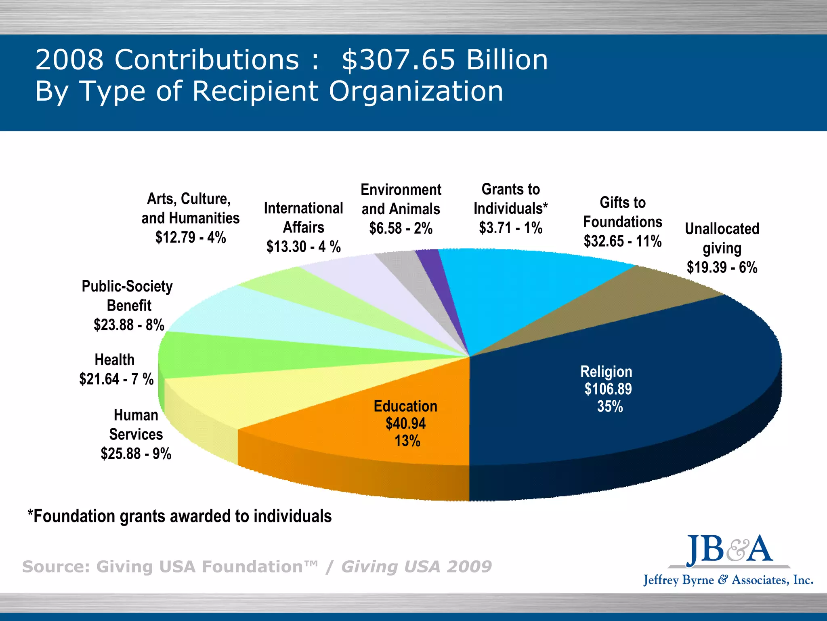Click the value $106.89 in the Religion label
click(x=608, y=389)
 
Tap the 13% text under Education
click(x=407, y=441)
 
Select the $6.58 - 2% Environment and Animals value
click(x=401, y=228)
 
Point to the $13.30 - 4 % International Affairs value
click(x=303, y=247)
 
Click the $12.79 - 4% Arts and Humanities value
click(x=191, y=237)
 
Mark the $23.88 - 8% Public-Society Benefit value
click(x=129, y=325)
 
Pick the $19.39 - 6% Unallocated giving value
click(x=722, y=267)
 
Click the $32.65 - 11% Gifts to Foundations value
click(x=622, y=241)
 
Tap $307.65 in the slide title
click(x=398, y=60)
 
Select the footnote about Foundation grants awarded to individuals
click(x=180, y=516)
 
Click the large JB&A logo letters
click(x=729, y=550)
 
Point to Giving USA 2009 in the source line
click(x=416, y=566)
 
